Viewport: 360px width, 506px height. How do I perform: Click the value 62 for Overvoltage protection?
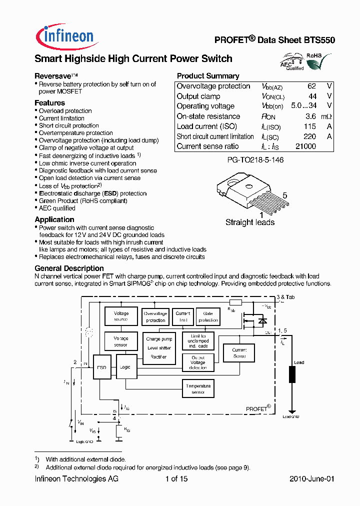pos(311,86)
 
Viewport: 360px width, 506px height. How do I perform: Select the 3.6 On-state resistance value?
pos(310,116)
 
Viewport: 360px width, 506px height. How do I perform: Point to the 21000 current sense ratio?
pos(305,146)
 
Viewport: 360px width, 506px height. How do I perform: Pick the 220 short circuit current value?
pos(309,136)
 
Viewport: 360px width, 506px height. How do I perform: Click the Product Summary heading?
pos(208,76)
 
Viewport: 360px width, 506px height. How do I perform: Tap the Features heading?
pos(49,103)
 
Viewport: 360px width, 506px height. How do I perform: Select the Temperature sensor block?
pos(198,389)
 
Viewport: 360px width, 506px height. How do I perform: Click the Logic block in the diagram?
pos(125,367)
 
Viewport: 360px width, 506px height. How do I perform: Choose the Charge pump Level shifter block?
pos(159,348)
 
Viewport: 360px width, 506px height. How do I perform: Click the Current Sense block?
pos(239,353)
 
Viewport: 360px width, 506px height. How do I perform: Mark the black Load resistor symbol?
pos(292,374)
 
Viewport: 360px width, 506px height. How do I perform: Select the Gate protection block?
pos(208,316)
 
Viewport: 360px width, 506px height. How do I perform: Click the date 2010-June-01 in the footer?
pos(311,479)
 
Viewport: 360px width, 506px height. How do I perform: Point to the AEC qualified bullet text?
pos(57,208)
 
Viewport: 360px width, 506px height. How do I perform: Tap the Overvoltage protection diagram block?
pos(155,316)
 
